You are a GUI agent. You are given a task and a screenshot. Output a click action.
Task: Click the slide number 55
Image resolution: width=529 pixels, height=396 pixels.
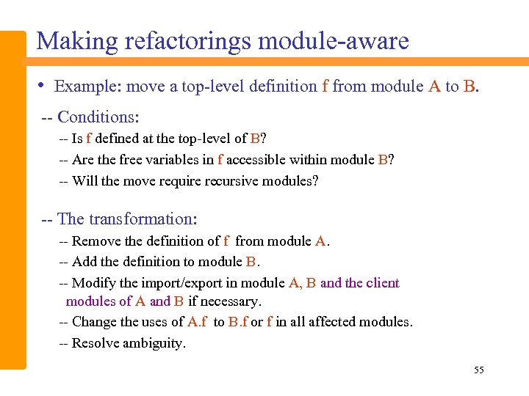pyautogui.click(x=479, y=370)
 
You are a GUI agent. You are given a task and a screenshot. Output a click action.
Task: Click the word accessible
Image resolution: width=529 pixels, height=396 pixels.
pyautogui.click(x=254, y=160)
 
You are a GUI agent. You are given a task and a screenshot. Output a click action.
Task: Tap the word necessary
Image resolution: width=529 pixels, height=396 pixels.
pyautogui.click(x=231, y=301)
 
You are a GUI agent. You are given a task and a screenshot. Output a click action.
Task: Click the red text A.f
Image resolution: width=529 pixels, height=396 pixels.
pyautogui.click(x=197, y=322)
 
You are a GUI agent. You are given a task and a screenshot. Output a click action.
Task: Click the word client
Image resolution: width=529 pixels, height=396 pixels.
pyautogui.click(x=382, y=283)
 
